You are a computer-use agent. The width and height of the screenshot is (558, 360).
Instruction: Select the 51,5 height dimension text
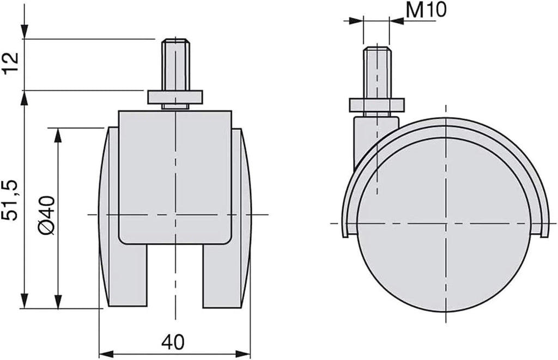pyautogui.click(x=11, y=200)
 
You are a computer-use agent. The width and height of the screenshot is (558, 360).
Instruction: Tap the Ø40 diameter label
pyautogui.click(x=47, y=215)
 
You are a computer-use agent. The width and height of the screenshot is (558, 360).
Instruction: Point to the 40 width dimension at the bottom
pyautogui.click(x=173, y=342)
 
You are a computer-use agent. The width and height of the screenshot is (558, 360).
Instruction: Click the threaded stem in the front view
pyautogui.click(x=175, y=64)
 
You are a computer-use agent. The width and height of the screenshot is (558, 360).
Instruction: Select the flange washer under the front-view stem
pyautogui.click(x=175, y=97)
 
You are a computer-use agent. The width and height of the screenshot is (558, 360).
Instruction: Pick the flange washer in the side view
pyautogui.click(x=377, y=104)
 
